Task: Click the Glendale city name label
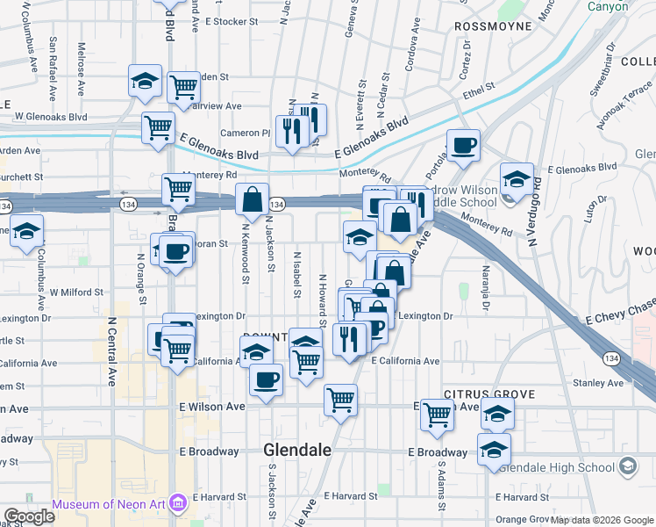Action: [x=297, y=450]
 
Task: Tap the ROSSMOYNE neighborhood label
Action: [x=494, y=26]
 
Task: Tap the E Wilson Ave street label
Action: [x=212, y=407]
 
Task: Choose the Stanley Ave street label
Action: [x=595, y=383]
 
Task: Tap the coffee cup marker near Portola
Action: [x=463, y=144]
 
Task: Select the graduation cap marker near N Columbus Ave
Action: [x=26, y=231]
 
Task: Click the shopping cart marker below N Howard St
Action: [x=340, y=400]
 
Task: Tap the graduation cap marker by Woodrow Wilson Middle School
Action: [x=517, y=178]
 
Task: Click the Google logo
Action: [x=29, y=516]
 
